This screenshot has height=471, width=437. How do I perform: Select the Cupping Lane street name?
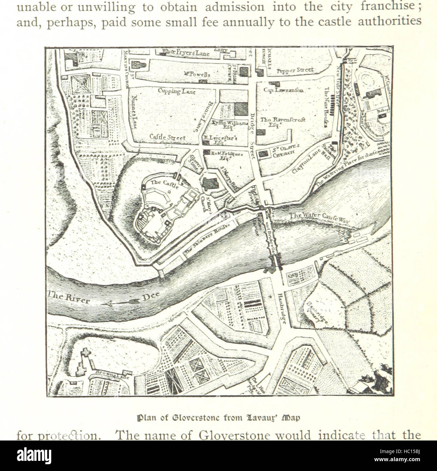(176, 91)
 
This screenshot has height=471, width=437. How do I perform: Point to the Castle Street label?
(168, 138)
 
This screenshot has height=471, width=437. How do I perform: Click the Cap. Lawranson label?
(284, 90)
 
